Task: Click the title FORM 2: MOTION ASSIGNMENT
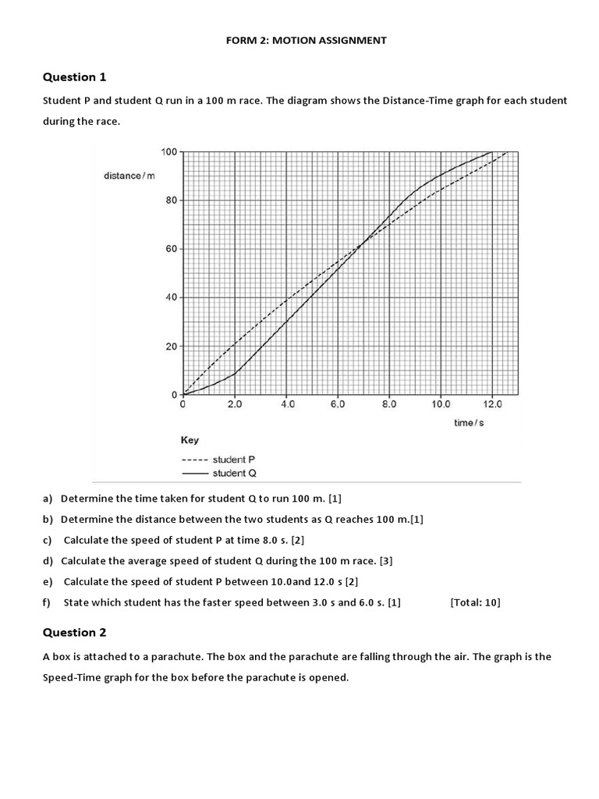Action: pos(305,40)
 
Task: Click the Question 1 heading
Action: pos(74,76)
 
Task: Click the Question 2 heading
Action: pos(74,632)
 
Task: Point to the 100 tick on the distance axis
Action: pos(170,151)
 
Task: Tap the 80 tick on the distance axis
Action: pos(172,200)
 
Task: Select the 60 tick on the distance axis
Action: pos(172,249)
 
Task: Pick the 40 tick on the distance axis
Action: pos(172,297)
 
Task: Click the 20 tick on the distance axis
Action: pos(172,346)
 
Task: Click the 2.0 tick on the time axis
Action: pos(235,405)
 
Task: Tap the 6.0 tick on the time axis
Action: pos(338,405)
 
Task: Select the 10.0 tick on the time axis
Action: pos(441,405)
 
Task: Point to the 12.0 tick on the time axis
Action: pos(492,405)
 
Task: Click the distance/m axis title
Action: pos(129,176)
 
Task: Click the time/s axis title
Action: pos(469,422)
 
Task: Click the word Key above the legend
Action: pos(190,440)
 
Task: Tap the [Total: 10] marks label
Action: pos(475,602)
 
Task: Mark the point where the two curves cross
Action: pos(361,246)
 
